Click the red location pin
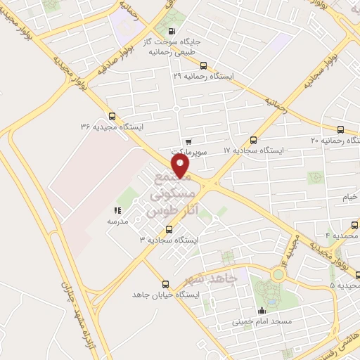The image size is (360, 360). click(x=181, y=167)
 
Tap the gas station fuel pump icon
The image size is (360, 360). click(x=173, y=31)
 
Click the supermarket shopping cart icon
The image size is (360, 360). click(x=187, y=141)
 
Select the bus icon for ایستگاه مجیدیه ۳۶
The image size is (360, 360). click(x=112, y=117)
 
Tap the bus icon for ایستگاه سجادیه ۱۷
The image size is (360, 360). click(x=253, y=140)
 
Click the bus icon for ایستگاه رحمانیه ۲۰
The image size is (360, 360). click(x=341, y=130)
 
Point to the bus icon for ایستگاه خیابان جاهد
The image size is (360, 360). click(x=165, y=284)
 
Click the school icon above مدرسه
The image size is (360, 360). click(x=117, y=210)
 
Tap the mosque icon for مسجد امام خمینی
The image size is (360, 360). click(x=262, y=310)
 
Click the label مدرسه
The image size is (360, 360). click(x=117, y=221)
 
